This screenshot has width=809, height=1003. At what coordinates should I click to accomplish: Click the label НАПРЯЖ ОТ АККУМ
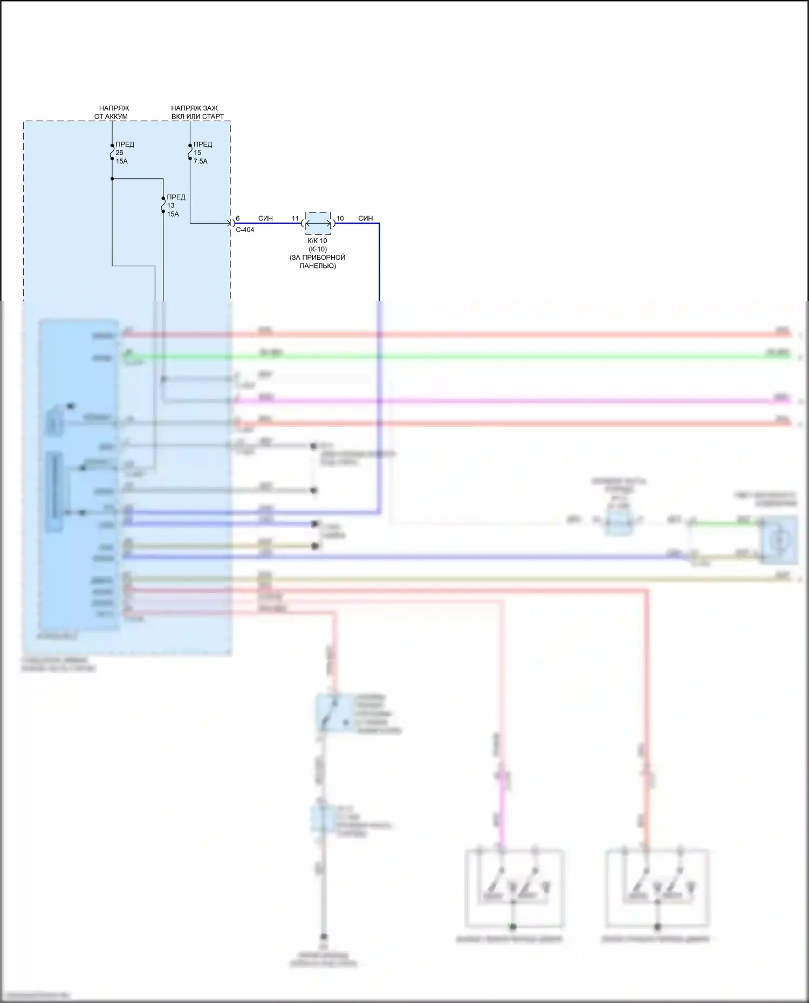click(x=112, y=112)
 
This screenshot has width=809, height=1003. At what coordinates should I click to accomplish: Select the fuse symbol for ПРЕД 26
click(x=112, y=153)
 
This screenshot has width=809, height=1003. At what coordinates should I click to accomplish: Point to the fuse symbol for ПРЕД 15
click(x=190, y=153)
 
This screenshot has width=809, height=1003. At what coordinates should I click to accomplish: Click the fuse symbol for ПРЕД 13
click(x=163, y=205)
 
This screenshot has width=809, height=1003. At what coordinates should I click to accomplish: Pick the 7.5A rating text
click(x=201, y=161)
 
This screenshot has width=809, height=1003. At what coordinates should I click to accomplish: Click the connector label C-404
click(x=245, y=230)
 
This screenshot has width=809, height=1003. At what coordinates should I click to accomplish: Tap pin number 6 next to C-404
click(x=238, y=218)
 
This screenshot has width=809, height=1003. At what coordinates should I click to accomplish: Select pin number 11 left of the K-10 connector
click(x=295, y=218)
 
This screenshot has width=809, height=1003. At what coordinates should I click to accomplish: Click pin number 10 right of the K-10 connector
click(x=340, y=218)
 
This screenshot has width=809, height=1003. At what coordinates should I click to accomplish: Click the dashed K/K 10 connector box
click(x=318, y=223)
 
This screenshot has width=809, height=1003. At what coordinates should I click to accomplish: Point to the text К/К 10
click(x=317, y=241)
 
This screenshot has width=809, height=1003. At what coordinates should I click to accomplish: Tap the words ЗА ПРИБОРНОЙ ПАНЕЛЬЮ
click(x=317, y=261)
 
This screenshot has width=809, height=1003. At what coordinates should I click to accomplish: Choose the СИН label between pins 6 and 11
click(x=265, y=218)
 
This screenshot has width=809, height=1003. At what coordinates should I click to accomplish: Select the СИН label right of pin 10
click(x=365, y=218)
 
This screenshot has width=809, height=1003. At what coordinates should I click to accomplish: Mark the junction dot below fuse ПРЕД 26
click(x=112, y=178)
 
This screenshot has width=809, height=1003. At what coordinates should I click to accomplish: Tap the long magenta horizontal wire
click(x=485, y=401)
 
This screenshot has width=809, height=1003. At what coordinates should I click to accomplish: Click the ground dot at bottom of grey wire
click(x=324, y=937)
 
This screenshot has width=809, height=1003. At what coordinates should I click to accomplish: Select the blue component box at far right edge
click(x=778, y=539)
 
